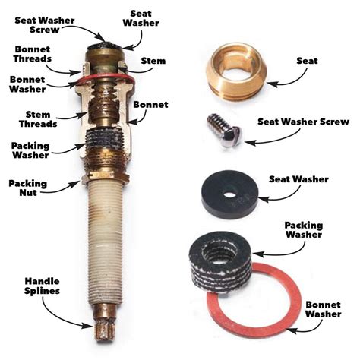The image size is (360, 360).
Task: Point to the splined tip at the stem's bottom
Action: [x=104, y=330]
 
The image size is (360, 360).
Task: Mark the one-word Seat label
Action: [x=310, y=59]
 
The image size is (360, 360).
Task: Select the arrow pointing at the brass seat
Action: [x=282, y=71]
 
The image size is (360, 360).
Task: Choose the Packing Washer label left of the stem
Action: [x=31, y=150]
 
